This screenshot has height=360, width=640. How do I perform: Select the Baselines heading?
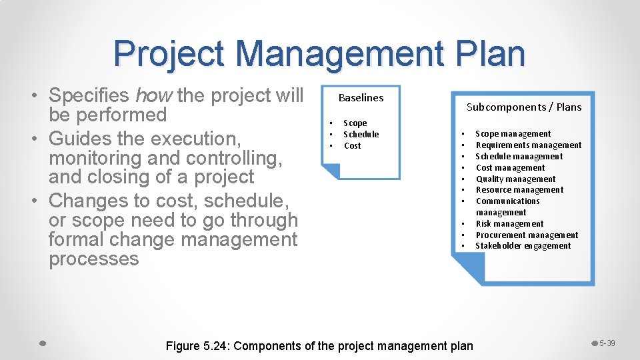coord(361,97)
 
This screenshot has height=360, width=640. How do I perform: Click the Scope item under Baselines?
coord(355,123)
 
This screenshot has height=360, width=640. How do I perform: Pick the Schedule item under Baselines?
coord(361,134)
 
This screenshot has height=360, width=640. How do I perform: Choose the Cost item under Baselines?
coord(352,145)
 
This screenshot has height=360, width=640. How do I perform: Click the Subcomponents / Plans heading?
coord(523,107)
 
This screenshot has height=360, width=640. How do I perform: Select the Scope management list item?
coord(513,134)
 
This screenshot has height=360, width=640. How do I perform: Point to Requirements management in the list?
coord(528,145)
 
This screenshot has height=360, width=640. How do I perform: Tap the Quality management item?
coord(515,179)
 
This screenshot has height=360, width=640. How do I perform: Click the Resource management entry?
coord(519,190)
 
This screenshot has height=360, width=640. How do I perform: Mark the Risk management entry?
coord(509,224)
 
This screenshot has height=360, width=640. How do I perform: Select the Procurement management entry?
coord(527,235)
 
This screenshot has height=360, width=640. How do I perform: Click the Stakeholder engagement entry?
coord(523,246)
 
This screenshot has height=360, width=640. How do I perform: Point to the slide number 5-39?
coord(607,343)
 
